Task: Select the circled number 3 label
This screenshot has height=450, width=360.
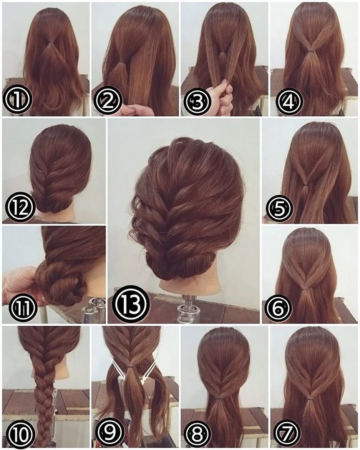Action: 197,101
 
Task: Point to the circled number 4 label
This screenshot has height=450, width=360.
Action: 289,101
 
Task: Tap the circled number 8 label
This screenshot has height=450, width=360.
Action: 198,433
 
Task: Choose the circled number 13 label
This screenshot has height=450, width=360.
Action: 131,304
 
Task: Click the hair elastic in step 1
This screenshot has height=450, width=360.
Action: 51,43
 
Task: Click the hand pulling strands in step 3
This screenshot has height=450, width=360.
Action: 221,95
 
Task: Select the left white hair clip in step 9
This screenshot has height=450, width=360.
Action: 118,367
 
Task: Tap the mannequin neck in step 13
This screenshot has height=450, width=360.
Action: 188,285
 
